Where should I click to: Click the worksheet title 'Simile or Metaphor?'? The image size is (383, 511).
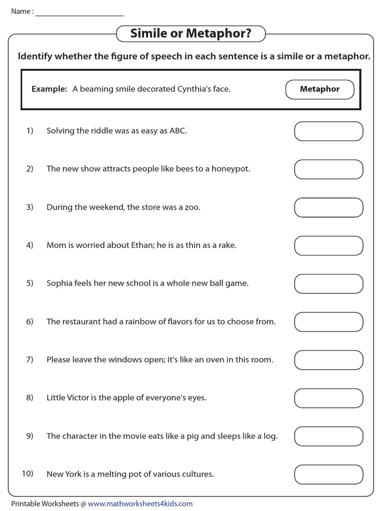pyautogui.click(x=191, y=34)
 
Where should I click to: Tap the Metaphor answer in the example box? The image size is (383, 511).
pyautogui.click(x=320, y=89)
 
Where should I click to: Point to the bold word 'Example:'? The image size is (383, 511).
pyautogui.click(x=49, y=89)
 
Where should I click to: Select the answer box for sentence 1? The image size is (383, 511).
pyautogui.click(x=328, y=131)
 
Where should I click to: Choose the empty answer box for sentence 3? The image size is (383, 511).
pyautogui.click(x=328, y=208)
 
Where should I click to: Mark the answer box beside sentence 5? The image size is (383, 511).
pyautogui.click(x=328, y=283)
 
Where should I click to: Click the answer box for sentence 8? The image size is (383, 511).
pyautogui.click(x=328, y=398)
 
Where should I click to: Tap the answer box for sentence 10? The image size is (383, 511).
pyautogui.click(x=328, y=474)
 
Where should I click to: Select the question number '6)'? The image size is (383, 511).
pyautogui.click(x=29, y=322)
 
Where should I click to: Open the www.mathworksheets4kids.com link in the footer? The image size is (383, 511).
pyautogui.click(x=140, y=504)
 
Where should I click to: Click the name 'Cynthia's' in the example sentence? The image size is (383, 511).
pyautogui.click(x=193, y=89)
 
